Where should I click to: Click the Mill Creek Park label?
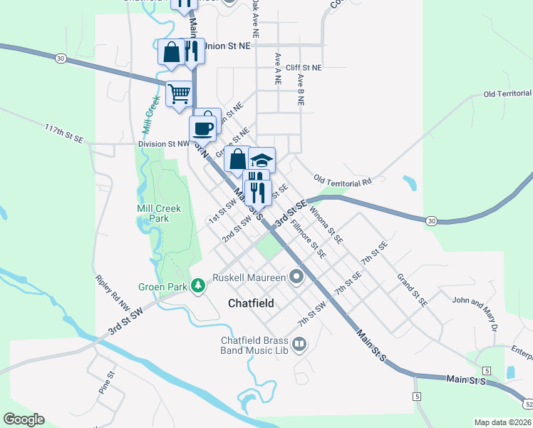[159, 213]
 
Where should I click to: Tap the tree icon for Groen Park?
[198, 287]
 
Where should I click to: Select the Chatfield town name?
[252, 303]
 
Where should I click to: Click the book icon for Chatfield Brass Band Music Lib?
[300, 346]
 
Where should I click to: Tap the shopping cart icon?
[179, 92]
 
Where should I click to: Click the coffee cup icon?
[202, 128]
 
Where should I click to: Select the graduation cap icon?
[262, 160]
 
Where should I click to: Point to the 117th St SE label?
[64, 133]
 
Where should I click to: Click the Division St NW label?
[163, 144]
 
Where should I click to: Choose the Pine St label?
[106, 381]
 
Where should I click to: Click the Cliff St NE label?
[304, 67]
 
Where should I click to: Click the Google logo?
[24, 419]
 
